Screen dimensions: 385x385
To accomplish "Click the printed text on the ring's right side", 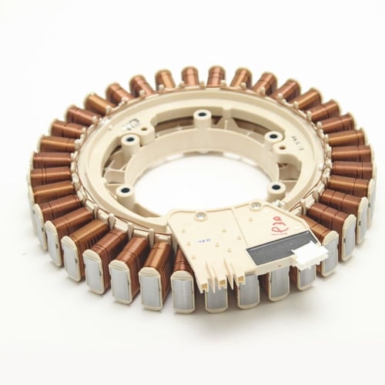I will click(x=291, y=143).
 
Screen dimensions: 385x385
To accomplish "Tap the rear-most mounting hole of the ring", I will click(x=203, y=116).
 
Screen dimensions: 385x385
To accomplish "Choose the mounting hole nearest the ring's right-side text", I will click(x=272, y=138).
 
